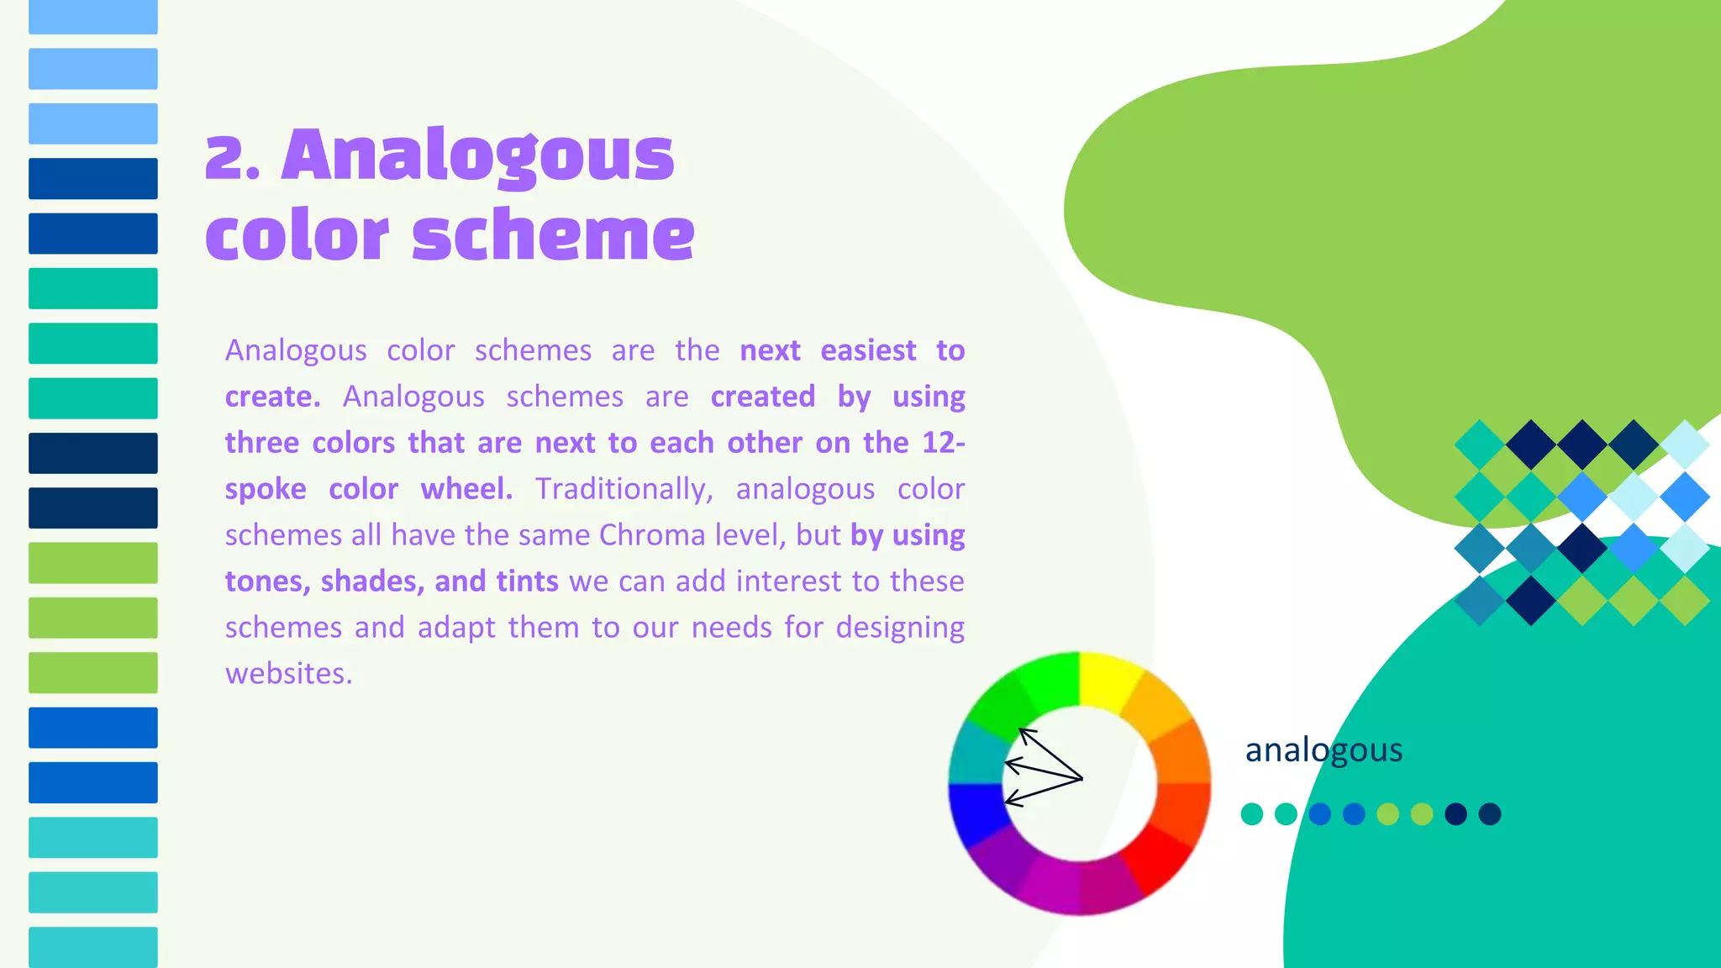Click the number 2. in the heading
click(x=232, y=158)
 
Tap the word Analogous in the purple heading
click(x=477, y=156)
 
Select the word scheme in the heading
click(x=553, y=235)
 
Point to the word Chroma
click(x=652, y=535)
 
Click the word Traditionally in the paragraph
click(x=624, y=489)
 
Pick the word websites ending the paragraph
click(x=288, y=674)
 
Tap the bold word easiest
click(x=868, y=350)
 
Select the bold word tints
click(x=527, y=581)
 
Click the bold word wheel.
click(x=466, y=489)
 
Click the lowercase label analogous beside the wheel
click(x=1324, y=750)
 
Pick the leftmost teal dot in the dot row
click(x=1252, y=814)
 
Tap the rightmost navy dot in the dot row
click(x=1490, y=814)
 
